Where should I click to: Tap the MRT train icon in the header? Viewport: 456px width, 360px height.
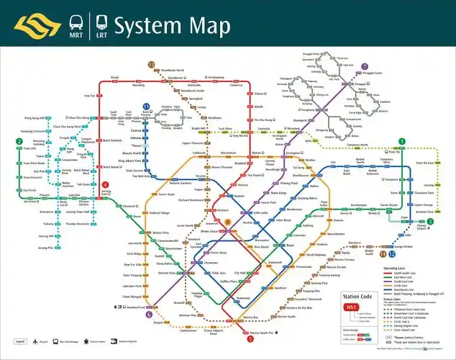[76, 22]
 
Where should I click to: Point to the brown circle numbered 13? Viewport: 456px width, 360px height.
[152, 65]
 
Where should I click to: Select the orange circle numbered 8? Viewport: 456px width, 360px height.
[227, 223]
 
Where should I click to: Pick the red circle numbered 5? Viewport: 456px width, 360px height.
[250, 338]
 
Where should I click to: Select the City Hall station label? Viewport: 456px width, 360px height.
[240, 273]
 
